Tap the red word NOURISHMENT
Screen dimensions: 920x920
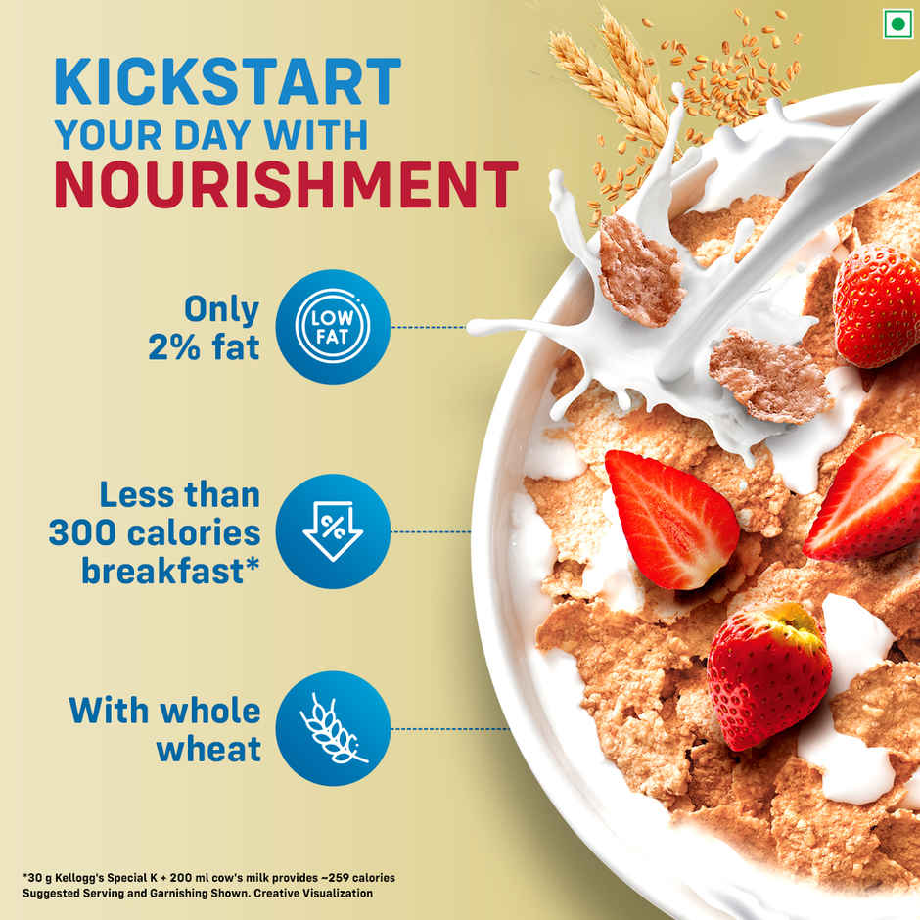(x=285, y=184)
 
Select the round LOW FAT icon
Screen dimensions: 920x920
(x=333, y=327)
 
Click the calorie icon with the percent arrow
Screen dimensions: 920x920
(x=333, y=531)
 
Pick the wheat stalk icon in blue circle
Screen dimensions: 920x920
(x=333, y=728)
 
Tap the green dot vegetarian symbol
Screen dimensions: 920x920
(x=897, y=23)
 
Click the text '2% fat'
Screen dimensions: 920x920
(x=204, y=346)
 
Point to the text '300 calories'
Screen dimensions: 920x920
(x=155, y=532)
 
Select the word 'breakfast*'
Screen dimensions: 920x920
(x=171, y=571)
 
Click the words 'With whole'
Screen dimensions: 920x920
(x=164, y=711)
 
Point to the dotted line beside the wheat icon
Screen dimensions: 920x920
(x=450, y=728)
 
